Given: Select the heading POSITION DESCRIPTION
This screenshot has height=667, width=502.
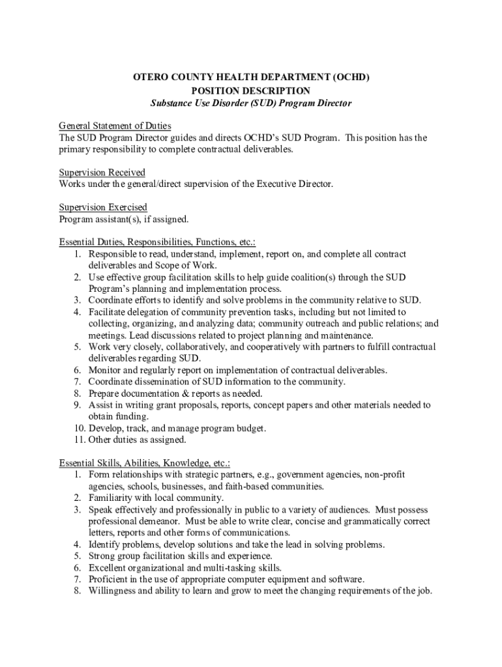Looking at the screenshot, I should point(251,91).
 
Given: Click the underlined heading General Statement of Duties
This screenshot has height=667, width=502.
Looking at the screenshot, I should point(115,126).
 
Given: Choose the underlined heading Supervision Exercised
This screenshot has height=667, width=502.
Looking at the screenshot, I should point(102,207).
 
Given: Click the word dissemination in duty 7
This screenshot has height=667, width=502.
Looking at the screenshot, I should point(161,382).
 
